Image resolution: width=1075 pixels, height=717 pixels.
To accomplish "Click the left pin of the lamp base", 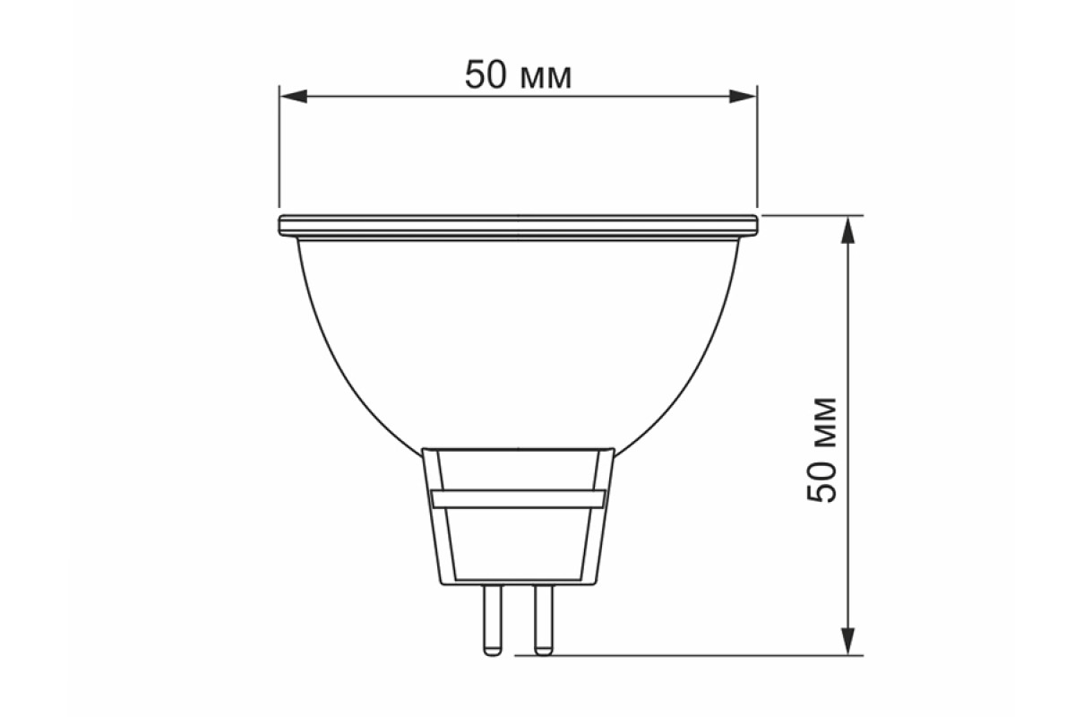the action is (x=493, y=620).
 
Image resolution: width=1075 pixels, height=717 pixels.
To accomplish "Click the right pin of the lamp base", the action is (x=544, y=620).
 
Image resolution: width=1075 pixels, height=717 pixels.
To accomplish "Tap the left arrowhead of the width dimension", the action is (x=294, y=96).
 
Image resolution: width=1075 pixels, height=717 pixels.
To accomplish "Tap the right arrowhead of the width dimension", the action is (x=743, y=96).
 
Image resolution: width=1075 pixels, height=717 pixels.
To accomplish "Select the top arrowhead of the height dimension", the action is (x=848, y=229).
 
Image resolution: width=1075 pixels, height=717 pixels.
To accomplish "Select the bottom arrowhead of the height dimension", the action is (x=848, y=641).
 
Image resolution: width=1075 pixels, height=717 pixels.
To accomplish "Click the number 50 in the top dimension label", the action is (x=486, y=75).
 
